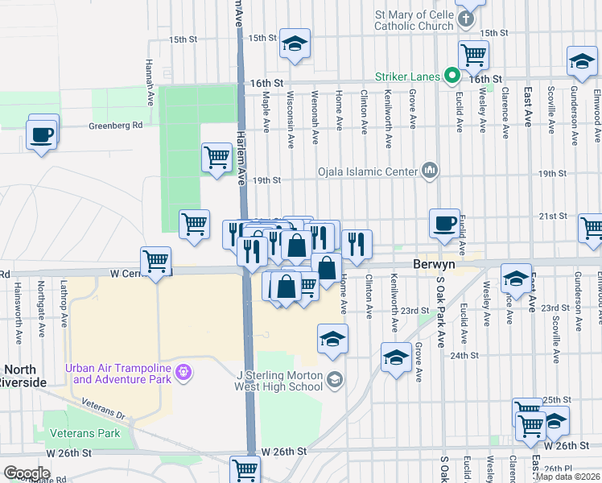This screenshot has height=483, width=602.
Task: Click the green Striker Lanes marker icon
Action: pos(452,77)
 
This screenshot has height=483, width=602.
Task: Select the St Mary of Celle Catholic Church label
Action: pos(414,20)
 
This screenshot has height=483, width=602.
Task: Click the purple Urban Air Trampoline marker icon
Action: pos(183,371)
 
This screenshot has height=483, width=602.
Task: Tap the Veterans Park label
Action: pos(85,434)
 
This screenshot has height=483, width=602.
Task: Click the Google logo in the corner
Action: pos(27,473)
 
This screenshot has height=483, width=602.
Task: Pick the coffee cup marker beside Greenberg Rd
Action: pos(42,134)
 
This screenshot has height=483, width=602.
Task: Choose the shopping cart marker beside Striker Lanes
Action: pos(473,55)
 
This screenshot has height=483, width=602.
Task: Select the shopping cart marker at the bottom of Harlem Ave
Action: pos(245,469)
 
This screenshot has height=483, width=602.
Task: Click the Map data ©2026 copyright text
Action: pos(567,477)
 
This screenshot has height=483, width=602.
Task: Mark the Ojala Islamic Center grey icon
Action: pos(430,171)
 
